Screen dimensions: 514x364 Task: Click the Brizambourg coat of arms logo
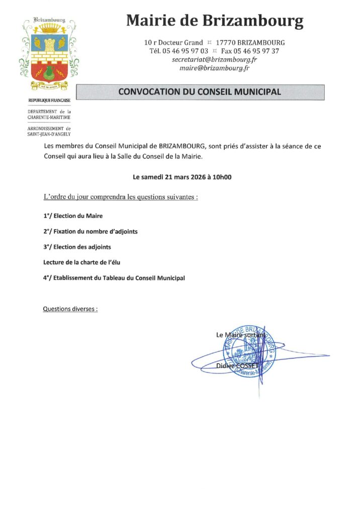tap(48, 50)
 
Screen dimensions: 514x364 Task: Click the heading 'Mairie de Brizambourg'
tap(215, 21)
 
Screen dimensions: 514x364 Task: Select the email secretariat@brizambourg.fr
tap(215, 59)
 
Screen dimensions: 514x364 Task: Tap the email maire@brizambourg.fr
tap(215, 68)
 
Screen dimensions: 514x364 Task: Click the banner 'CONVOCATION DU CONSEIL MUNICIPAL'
tap(200, 92)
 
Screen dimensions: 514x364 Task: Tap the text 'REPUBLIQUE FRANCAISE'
tap(49, 101)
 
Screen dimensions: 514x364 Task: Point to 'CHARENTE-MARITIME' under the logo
tap(49, 117)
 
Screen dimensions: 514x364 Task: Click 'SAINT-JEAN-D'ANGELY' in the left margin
tap(49, 134)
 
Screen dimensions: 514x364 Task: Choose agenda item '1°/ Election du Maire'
tap(73, 216)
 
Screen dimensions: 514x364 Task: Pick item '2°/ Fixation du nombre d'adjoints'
tap(90, 231)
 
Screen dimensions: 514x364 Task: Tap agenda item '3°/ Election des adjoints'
tap(77, 247)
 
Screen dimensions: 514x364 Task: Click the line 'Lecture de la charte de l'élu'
tap(82, 262)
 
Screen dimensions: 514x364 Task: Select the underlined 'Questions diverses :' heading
tap(70, 309)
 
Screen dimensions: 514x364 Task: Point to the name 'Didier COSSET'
tap(236, 366)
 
